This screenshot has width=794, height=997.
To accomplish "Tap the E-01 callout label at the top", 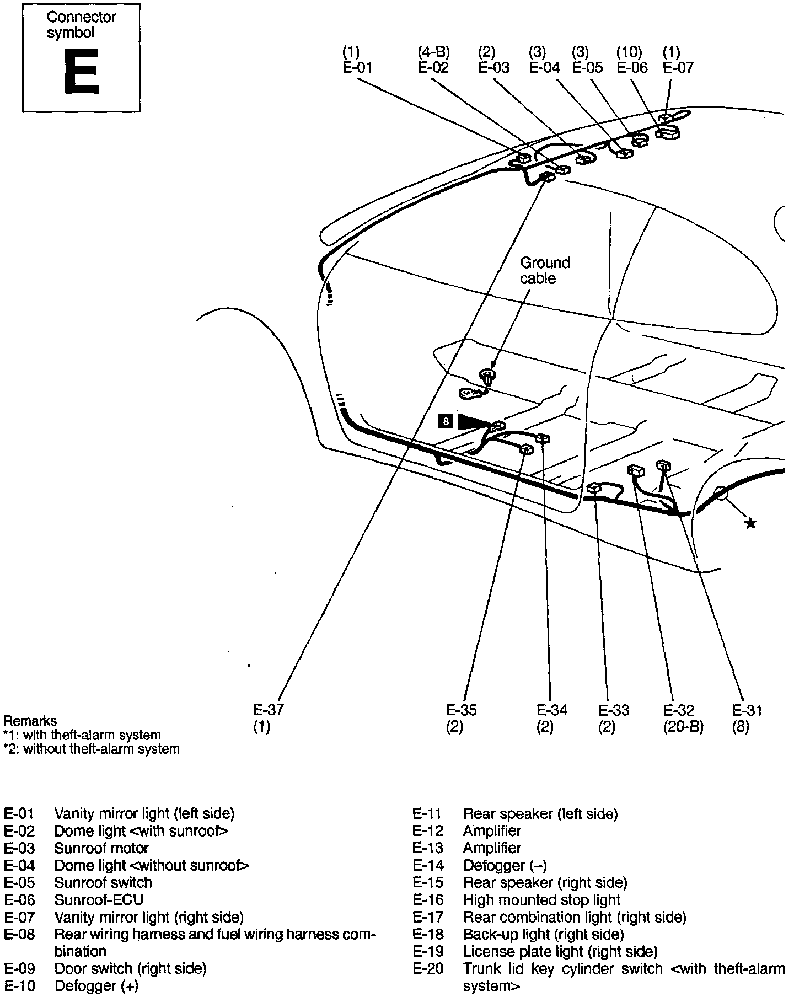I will coord(357,68).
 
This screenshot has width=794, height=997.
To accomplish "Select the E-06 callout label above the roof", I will coord(632,68).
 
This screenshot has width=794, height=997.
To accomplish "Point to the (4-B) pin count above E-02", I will coord(433,52).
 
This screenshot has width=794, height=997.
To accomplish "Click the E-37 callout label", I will coord(269,710).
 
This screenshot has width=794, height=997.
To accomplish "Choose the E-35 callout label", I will coord(462,710).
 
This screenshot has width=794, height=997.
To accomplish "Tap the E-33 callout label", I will coord(614,710).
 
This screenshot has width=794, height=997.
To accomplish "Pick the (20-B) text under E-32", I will coord(684,727).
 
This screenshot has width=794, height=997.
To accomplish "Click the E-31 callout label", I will coord(747,710).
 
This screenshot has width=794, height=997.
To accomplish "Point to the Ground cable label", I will coord(544,270).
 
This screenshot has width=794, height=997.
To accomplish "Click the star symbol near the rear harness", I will coord(750,523).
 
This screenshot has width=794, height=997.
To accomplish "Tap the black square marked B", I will coord(446,422).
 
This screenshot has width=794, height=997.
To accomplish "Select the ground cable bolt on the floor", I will coord(487,377).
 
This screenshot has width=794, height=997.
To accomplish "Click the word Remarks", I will coord(30,721).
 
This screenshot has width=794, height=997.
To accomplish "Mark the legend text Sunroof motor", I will coord(101,848).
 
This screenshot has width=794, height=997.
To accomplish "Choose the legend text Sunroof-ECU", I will coord(99,900).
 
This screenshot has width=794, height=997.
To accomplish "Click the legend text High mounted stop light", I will coord(541,900).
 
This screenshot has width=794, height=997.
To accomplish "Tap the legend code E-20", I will coord(428,968).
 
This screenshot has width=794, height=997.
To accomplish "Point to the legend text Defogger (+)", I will coord(96,985).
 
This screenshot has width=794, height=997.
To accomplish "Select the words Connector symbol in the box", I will coord(81,25).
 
